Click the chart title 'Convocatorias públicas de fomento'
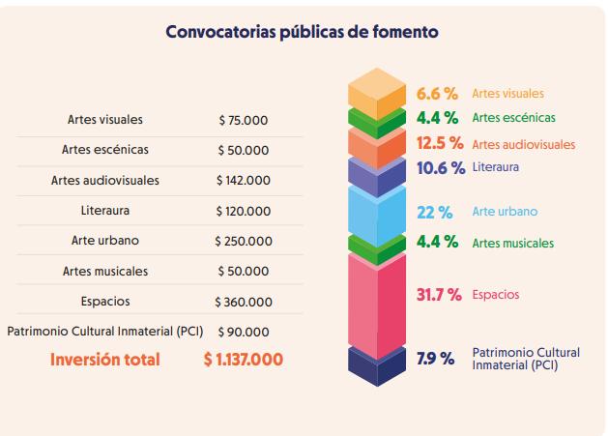tap(303, 32)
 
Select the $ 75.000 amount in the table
tap(243, 121)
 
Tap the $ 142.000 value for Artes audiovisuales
tap(243, 181)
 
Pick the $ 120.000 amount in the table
tap(243, 211)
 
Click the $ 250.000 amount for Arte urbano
tap(243, 242)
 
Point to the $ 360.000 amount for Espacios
tap(243, 302)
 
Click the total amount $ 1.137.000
tap(243, 360)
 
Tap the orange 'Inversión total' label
tap(105, 360)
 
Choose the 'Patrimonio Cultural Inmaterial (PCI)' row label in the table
tap(103, 332)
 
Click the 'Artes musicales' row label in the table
tap(105, 272)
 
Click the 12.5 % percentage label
tap(440, 143)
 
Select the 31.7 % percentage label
tap(439, 294)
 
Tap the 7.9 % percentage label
tap(435, 359)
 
